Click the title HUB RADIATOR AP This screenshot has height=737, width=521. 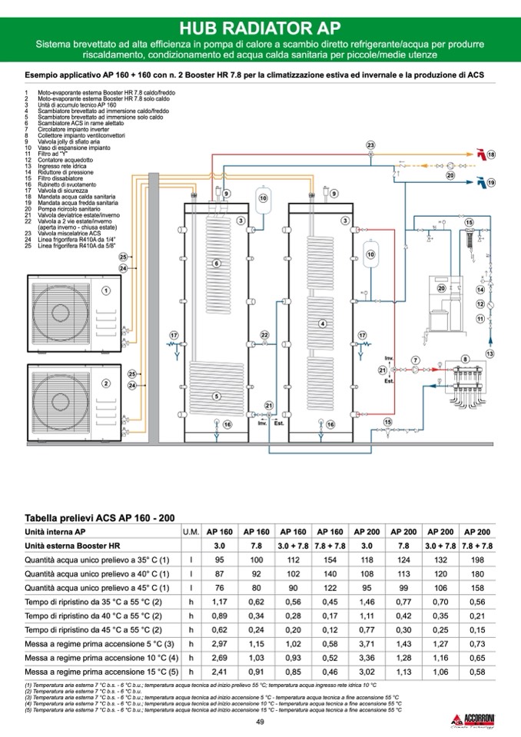(x=260, y=28)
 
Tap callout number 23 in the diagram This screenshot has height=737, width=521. (x=370, y=145)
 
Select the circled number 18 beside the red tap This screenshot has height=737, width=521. (x=491, y=154)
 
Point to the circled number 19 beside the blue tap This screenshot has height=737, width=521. (x=491, y=183)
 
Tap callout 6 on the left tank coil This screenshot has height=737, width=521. (x=217, y=264)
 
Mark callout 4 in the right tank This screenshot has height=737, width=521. (x=323, y=324)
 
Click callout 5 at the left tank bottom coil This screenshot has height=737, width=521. (x=217, y=396)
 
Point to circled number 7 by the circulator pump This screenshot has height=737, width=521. (x=415, y=360)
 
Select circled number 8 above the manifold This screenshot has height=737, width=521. (x=464, y=359)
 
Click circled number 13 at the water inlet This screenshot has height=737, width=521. (x=489, y=353)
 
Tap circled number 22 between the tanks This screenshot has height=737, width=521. (x=264, y=336)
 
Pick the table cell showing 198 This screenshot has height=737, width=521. (x=477, y=559)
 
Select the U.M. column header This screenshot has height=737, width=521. (x=191, y=532)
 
